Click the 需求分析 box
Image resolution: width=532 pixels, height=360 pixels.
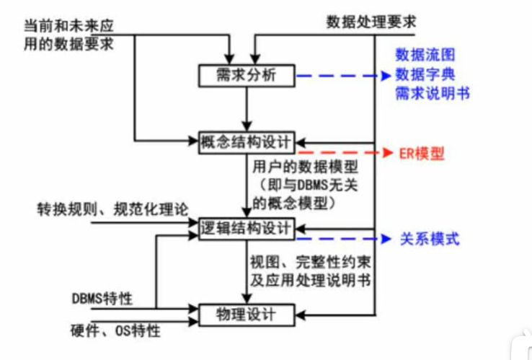click(247, 75)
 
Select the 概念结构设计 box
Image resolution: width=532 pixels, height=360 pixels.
click(247, 141)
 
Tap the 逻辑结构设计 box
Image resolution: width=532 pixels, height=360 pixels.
click(247, 229)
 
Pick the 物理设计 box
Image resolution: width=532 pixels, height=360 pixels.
click(247, 315)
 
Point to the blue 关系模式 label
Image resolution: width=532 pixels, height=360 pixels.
click(430, 240)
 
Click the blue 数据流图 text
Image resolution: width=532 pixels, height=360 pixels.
click(425, 56)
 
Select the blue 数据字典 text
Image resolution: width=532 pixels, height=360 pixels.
click(425, 74)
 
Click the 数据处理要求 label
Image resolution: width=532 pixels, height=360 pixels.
click(371, 21)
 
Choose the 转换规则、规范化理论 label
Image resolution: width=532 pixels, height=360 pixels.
click(113, 209)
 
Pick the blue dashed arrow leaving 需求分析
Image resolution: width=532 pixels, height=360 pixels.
click(339, 76)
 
